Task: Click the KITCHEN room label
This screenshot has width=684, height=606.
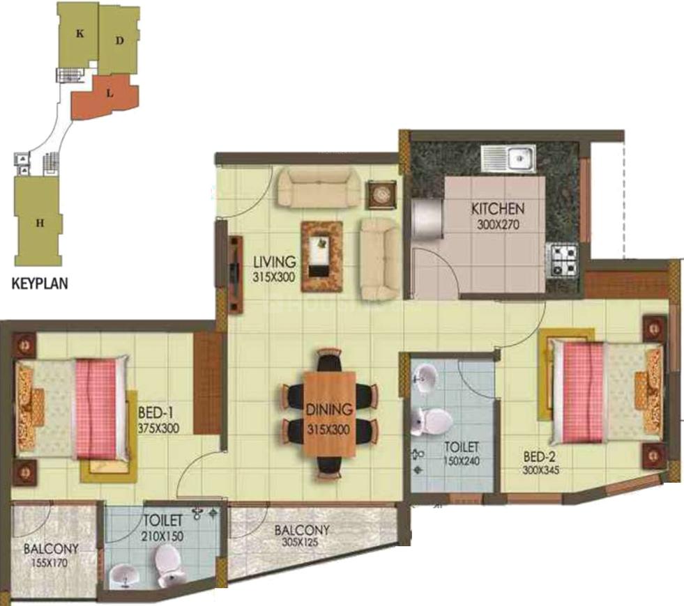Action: [x=498, y=209]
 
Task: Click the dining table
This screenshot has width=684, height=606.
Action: [x=330, y=414]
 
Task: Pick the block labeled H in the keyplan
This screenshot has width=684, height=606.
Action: [x=40, y=223]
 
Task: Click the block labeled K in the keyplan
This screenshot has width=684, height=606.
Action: [x=80, y=33]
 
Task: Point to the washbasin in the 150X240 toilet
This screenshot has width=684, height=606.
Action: [x=425, y=379]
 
